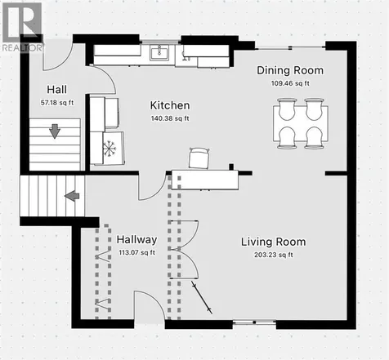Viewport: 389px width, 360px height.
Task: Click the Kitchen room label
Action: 170,105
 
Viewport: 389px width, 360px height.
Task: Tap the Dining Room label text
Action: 290,70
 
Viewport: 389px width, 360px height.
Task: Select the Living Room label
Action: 274,242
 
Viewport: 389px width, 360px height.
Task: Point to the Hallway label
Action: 136,240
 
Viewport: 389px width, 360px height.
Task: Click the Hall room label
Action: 56,90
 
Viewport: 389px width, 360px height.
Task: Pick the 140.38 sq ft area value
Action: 170,118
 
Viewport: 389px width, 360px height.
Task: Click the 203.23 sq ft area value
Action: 274,255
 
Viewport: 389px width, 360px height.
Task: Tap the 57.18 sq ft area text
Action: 57,103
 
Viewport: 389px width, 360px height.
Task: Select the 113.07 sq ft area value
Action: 136,252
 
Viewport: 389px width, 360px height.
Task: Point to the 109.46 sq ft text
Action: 290,83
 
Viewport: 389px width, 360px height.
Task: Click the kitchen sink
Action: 159,52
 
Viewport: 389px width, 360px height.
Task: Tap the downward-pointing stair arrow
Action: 55,131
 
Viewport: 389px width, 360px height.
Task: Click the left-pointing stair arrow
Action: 72,196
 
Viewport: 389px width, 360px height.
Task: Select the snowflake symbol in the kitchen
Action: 109,149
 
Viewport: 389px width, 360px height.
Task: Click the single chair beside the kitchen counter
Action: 199,158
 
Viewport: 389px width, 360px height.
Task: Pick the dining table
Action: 301,123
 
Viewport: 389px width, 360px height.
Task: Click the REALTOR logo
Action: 22,27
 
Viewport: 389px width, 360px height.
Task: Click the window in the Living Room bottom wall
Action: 254,322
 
